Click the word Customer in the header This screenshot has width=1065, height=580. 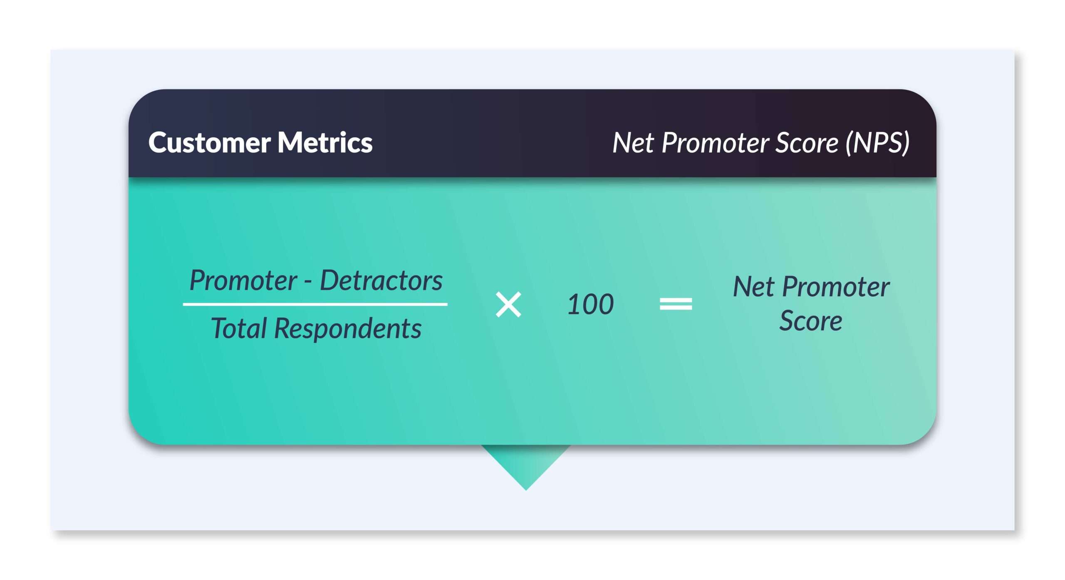pyautogui.click(x=209, y=143)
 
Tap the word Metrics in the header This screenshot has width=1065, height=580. pyautogui.click(x=325, y=143)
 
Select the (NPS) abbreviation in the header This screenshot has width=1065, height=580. pyautogui.click(x=878, y=143)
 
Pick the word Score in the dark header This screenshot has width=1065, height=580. pyautogui.click(x=807, y=143)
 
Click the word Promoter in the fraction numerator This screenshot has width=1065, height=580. pyautogui.click(x=243, y=281)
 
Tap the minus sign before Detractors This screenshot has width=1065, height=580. pyautogui.click(x=308, y=283)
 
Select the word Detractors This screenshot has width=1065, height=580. pyautogui.click(x=381, y=280)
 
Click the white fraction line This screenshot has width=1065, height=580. pyautogui.click(x=315, y=305)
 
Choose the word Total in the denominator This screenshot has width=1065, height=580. pyautogui.click(x=239, y=328)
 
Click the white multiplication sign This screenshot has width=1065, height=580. pyautogui.click(x=508, y=305)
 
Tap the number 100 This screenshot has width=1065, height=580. pyautogui.click(x=591, y=304)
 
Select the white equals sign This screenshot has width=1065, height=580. pyautogui.click(x=676, y=304)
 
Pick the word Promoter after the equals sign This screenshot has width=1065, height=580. pyautogui.click(x=836, y=288)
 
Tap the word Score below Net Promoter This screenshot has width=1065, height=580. pyautogui.click(x=811, y=321)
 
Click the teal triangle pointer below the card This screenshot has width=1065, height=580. pyautogui.click(x=526, y=464)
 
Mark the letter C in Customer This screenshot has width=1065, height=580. pyautogui.click(x=159, y=143)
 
